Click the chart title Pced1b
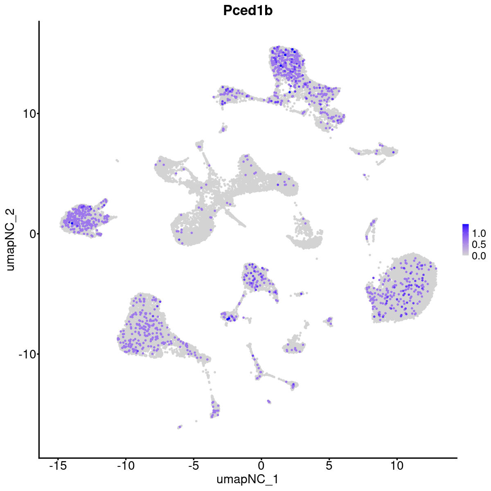pyautogui.click(x=248, y=11)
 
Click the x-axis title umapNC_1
pyautogui.click(x=248, y=479)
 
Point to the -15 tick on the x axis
pyautogui.click(x=58, y=466)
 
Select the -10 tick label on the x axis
pyautogui.click(x=126, y=466)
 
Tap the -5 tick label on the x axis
pyautogui.click(x=194, y=466)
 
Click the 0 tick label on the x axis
pyautogui.click(x=261, y=466)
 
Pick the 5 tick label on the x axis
pyautogui.click(x=329, y=466)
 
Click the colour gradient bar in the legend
pyautogui.click(x=466, y=240)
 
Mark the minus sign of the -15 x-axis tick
pyautogui.click(x=51, y=466)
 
